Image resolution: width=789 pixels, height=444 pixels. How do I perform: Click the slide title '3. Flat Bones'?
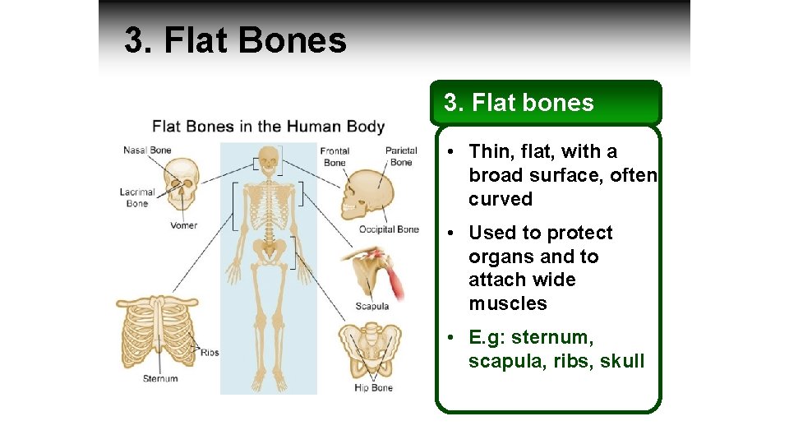pyautogui.click(x=235, y=40)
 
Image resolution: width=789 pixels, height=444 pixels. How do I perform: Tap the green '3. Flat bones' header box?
pyautogui.click(x=548, y=103)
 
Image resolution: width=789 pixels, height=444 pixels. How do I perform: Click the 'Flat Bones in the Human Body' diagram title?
pyautogui.click(x=268, y=127)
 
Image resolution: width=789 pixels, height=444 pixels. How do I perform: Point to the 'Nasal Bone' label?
pyautogui.click(x=147, y=150)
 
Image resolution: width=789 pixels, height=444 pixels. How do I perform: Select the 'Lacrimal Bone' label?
pyautogui.click(x=137, y=197)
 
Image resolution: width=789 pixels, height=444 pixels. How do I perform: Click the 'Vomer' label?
pyautogui.click(x=183, y=225)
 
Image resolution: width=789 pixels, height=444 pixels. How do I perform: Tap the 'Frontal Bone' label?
pyautogui.click(x=335, y=156)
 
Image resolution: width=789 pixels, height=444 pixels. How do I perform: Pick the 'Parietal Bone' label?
pyautogui.click(x=401, y=156)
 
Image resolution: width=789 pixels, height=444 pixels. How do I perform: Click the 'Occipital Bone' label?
pyautogui.click(x=389, y=229)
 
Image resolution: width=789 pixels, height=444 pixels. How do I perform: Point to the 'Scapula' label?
pyautogui.click(x=371, y=307)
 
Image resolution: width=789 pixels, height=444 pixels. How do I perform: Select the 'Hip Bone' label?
pyautogui.click(x=373, y=387)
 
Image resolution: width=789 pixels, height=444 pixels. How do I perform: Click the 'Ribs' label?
pyautogui.click(x=210, y=353)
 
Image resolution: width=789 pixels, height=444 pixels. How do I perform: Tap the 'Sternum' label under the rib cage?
pyautogui.click(x=160, y=379)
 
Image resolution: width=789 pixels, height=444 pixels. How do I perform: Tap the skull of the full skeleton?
pyautogui.click(x=268, y=158)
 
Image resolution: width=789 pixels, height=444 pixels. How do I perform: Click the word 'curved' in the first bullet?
pyautogui.click(x=501, y=199)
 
